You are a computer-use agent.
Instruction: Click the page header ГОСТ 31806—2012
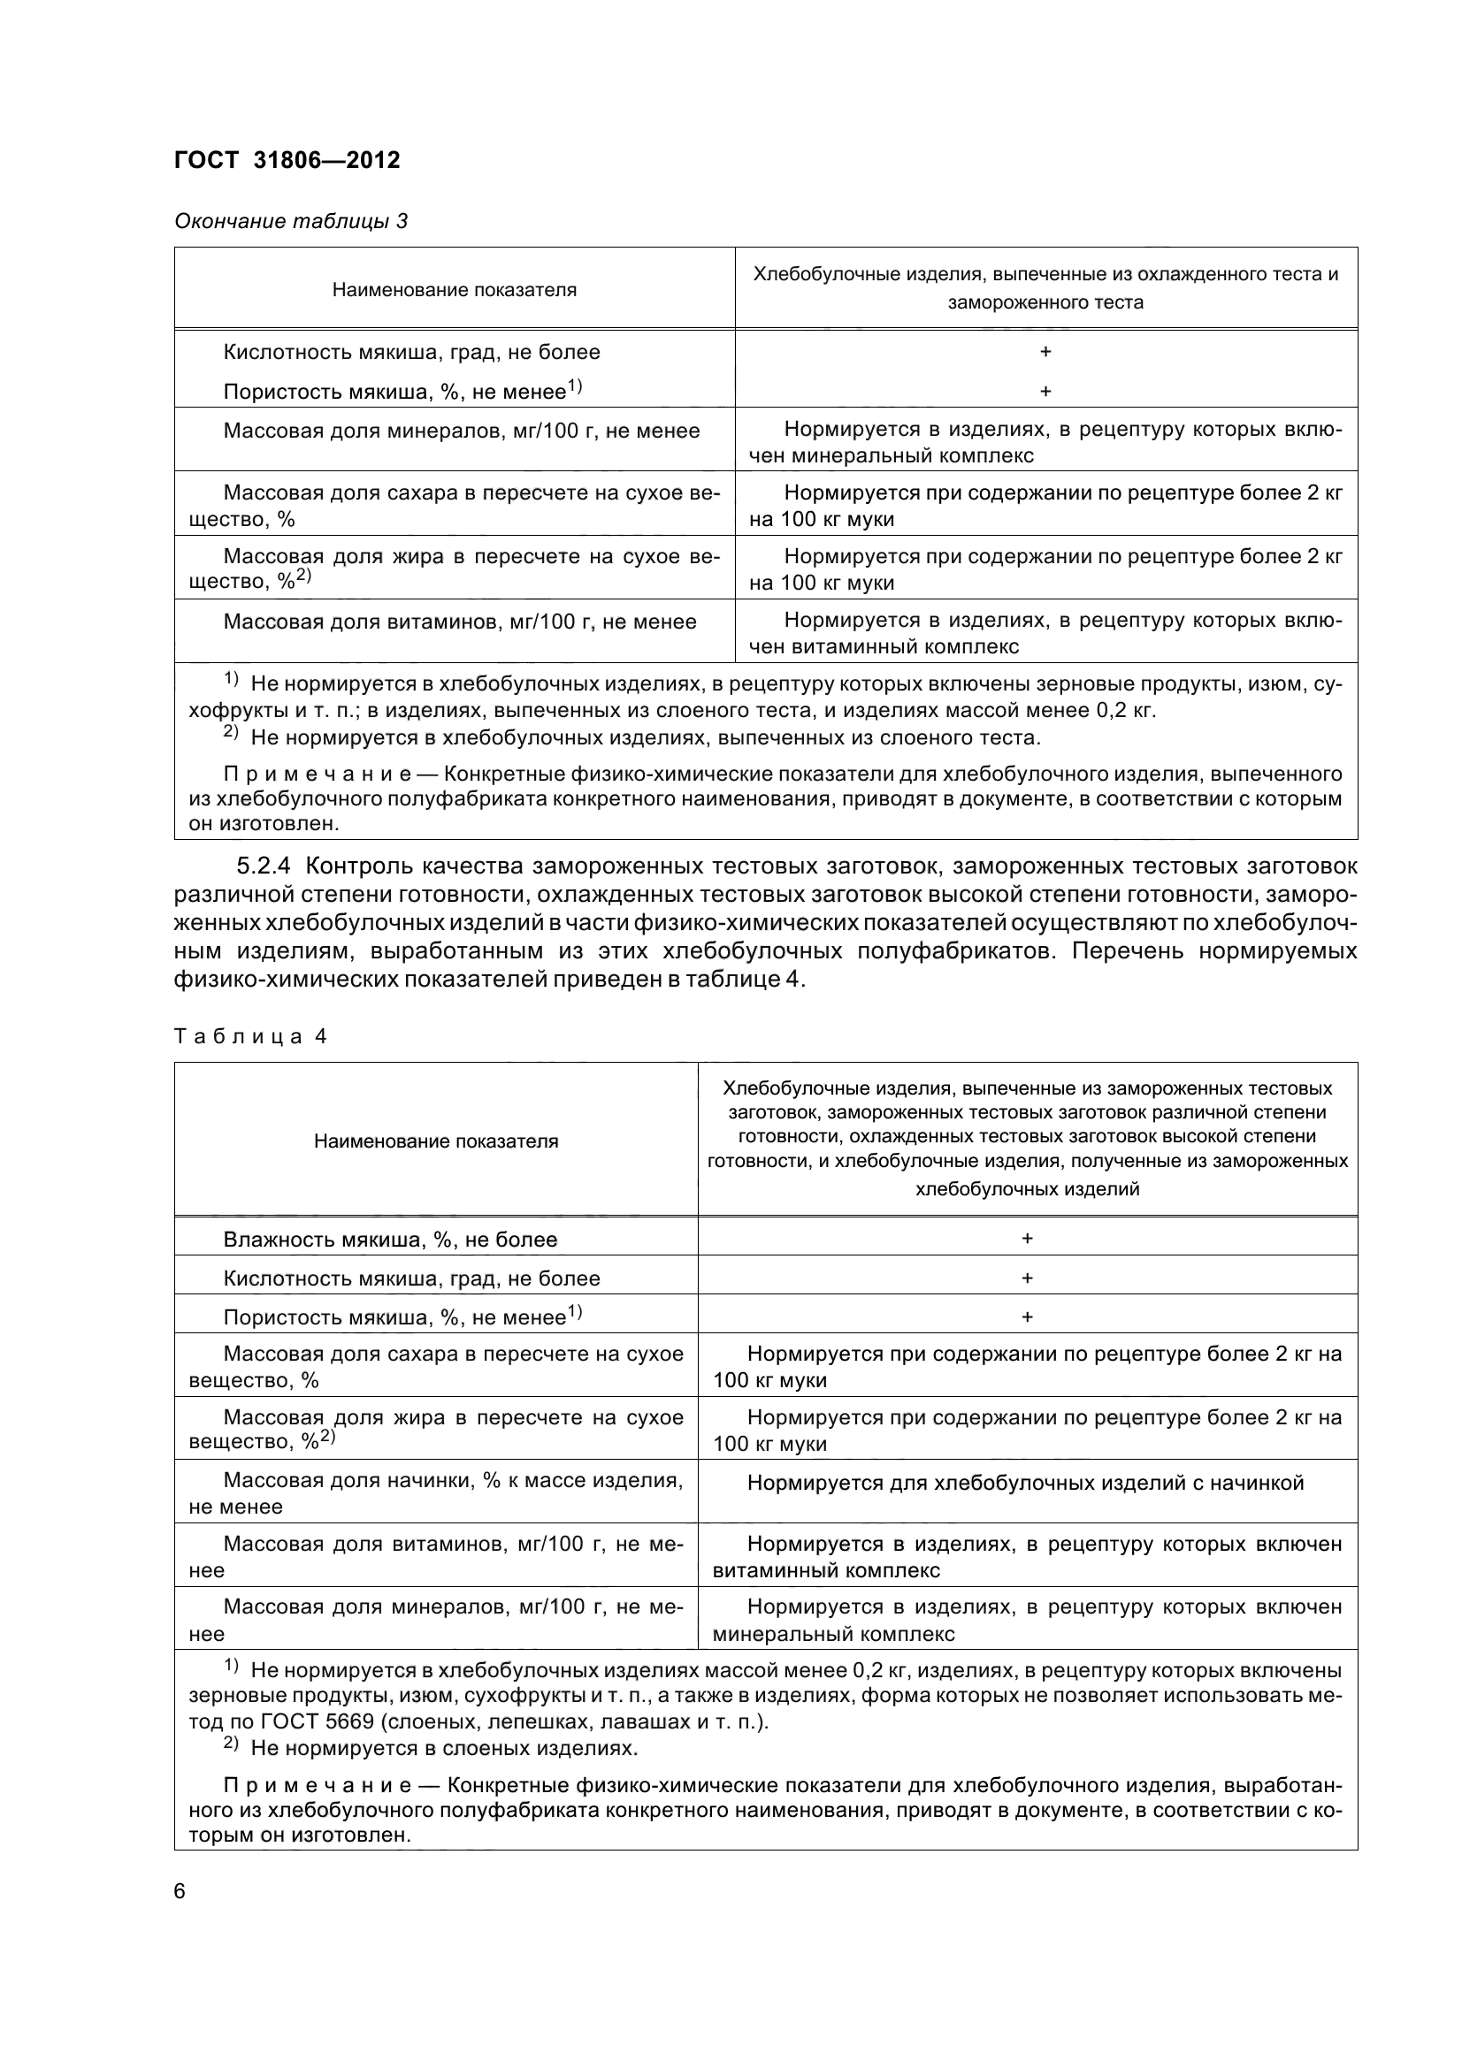pos(287,160)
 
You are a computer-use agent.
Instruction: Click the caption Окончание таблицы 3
pos(291,221)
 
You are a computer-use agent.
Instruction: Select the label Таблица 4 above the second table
pos(249,1037)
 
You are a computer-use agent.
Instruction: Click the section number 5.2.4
pos(264,866)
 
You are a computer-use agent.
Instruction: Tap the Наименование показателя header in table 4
pos(436,1141)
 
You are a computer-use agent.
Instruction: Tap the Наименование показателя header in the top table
pos(454,290)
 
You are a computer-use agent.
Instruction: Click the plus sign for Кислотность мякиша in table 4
pos(1027,1278)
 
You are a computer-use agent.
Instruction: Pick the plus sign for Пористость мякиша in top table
pos(1045,392)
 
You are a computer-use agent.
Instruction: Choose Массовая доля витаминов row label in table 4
pos(436,1556)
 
